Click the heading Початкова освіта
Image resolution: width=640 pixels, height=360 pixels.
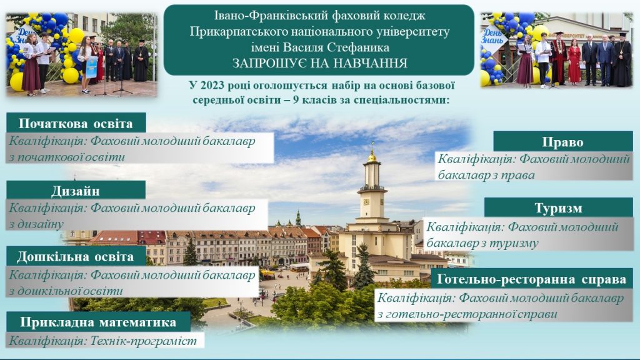76,123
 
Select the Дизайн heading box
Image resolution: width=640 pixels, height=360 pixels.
76,190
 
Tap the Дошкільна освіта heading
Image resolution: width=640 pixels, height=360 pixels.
76,256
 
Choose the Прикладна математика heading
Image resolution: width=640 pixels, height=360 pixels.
98,322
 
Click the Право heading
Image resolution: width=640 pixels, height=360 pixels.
563,142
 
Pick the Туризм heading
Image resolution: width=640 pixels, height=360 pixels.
558,207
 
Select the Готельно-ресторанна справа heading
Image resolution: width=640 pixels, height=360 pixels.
532,279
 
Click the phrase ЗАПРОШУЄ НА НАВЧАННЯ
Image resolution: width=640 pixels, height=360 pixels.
320,63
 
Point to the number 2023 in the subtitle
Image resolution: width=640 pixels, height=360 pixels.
213,86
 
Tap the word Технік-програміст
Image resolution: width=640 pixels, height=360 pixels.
143,341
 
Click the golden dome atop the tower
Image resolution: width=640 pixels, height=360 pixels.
372,156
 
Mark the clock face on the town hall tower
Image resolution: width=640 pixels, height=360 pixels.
366,202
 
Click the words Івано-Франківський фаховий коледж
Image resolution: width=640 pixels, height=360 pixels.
319,16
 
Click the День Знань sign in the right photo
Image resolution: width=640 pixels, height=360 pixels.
493,36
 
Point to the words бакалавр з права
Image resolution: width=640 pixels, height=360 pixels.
486,175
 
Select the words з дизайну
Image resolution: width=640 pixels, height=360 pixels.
36,224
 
